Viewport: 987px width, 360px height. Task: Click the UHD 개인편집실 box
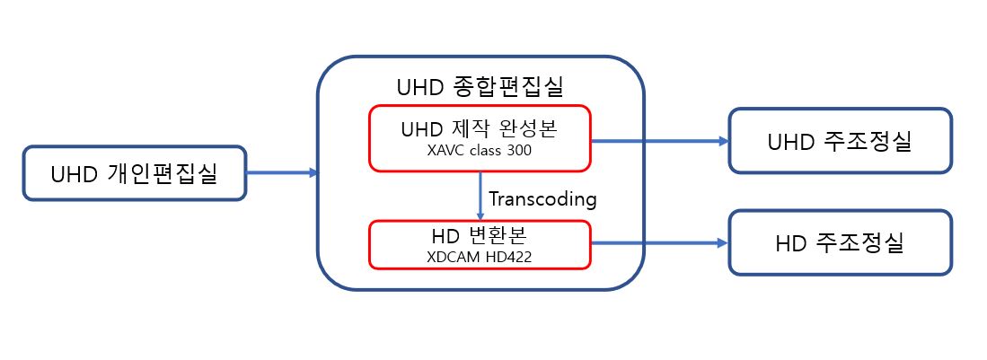(134, 173)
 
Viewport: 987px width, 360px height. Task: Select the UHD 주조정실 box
(841, 141)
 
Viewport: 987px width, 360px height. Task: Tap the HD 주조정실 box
(841, 243)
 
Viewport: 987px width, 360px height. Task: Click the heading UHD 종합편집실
(480, 87)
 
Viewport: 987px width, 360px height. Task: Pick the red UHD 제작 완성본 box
(480, 138)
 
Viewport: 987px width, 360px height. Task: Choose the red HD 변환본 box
(480, 244)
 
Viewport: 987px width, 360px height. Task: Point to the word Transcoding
(542, 199)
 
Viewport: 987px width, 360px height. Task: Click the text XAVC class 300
(480, 152)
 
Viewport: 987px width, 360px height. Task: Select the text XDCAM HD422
(480, 257)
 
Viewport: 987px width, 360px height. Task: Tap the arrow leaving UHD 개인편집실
(282, 172)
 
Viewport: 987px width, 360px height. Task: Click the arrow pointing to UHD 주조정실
(660, 141)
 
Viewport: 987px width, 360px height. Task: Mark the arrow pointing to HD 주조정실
(660, 243)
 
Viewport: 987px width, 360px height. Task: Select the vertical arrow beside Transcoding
(480, 196)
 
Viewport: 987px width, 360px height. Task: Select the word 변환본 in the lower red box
(499, 235)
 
